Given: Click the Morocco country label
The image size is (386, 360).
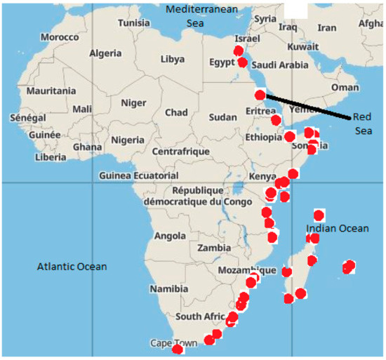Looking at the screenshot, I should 60,36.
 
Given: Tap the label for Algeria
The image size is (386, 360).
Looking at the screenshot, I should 106,53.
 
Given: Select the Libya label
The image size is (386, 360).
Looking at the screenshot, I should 173,59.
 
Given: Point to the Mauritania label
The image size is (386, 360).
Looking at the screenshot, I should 51,91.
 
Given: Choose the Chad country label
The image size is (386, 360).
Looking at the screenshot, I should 176,112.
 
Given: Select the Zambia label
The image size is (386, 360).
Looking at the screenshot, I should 214,248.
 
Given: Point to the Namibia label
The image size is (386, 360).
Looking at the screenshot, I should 169,288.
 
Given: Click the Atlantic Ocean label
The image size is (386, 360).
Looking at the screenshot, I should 72,266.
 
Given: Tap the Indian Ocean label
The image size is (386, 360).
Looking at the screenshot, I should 337,229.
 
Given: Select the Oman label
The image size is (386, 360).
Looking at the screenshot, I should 345,87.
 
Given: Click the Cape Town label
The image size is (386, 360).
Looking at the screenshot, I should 174,343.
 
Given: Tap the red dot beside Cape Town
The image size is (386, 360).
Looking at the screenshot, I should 178,349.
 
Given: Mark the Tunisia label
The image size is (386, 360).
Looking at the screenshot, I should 134,22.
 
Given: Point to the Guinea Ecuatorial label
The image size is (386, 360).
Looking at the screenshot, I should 139,175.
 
